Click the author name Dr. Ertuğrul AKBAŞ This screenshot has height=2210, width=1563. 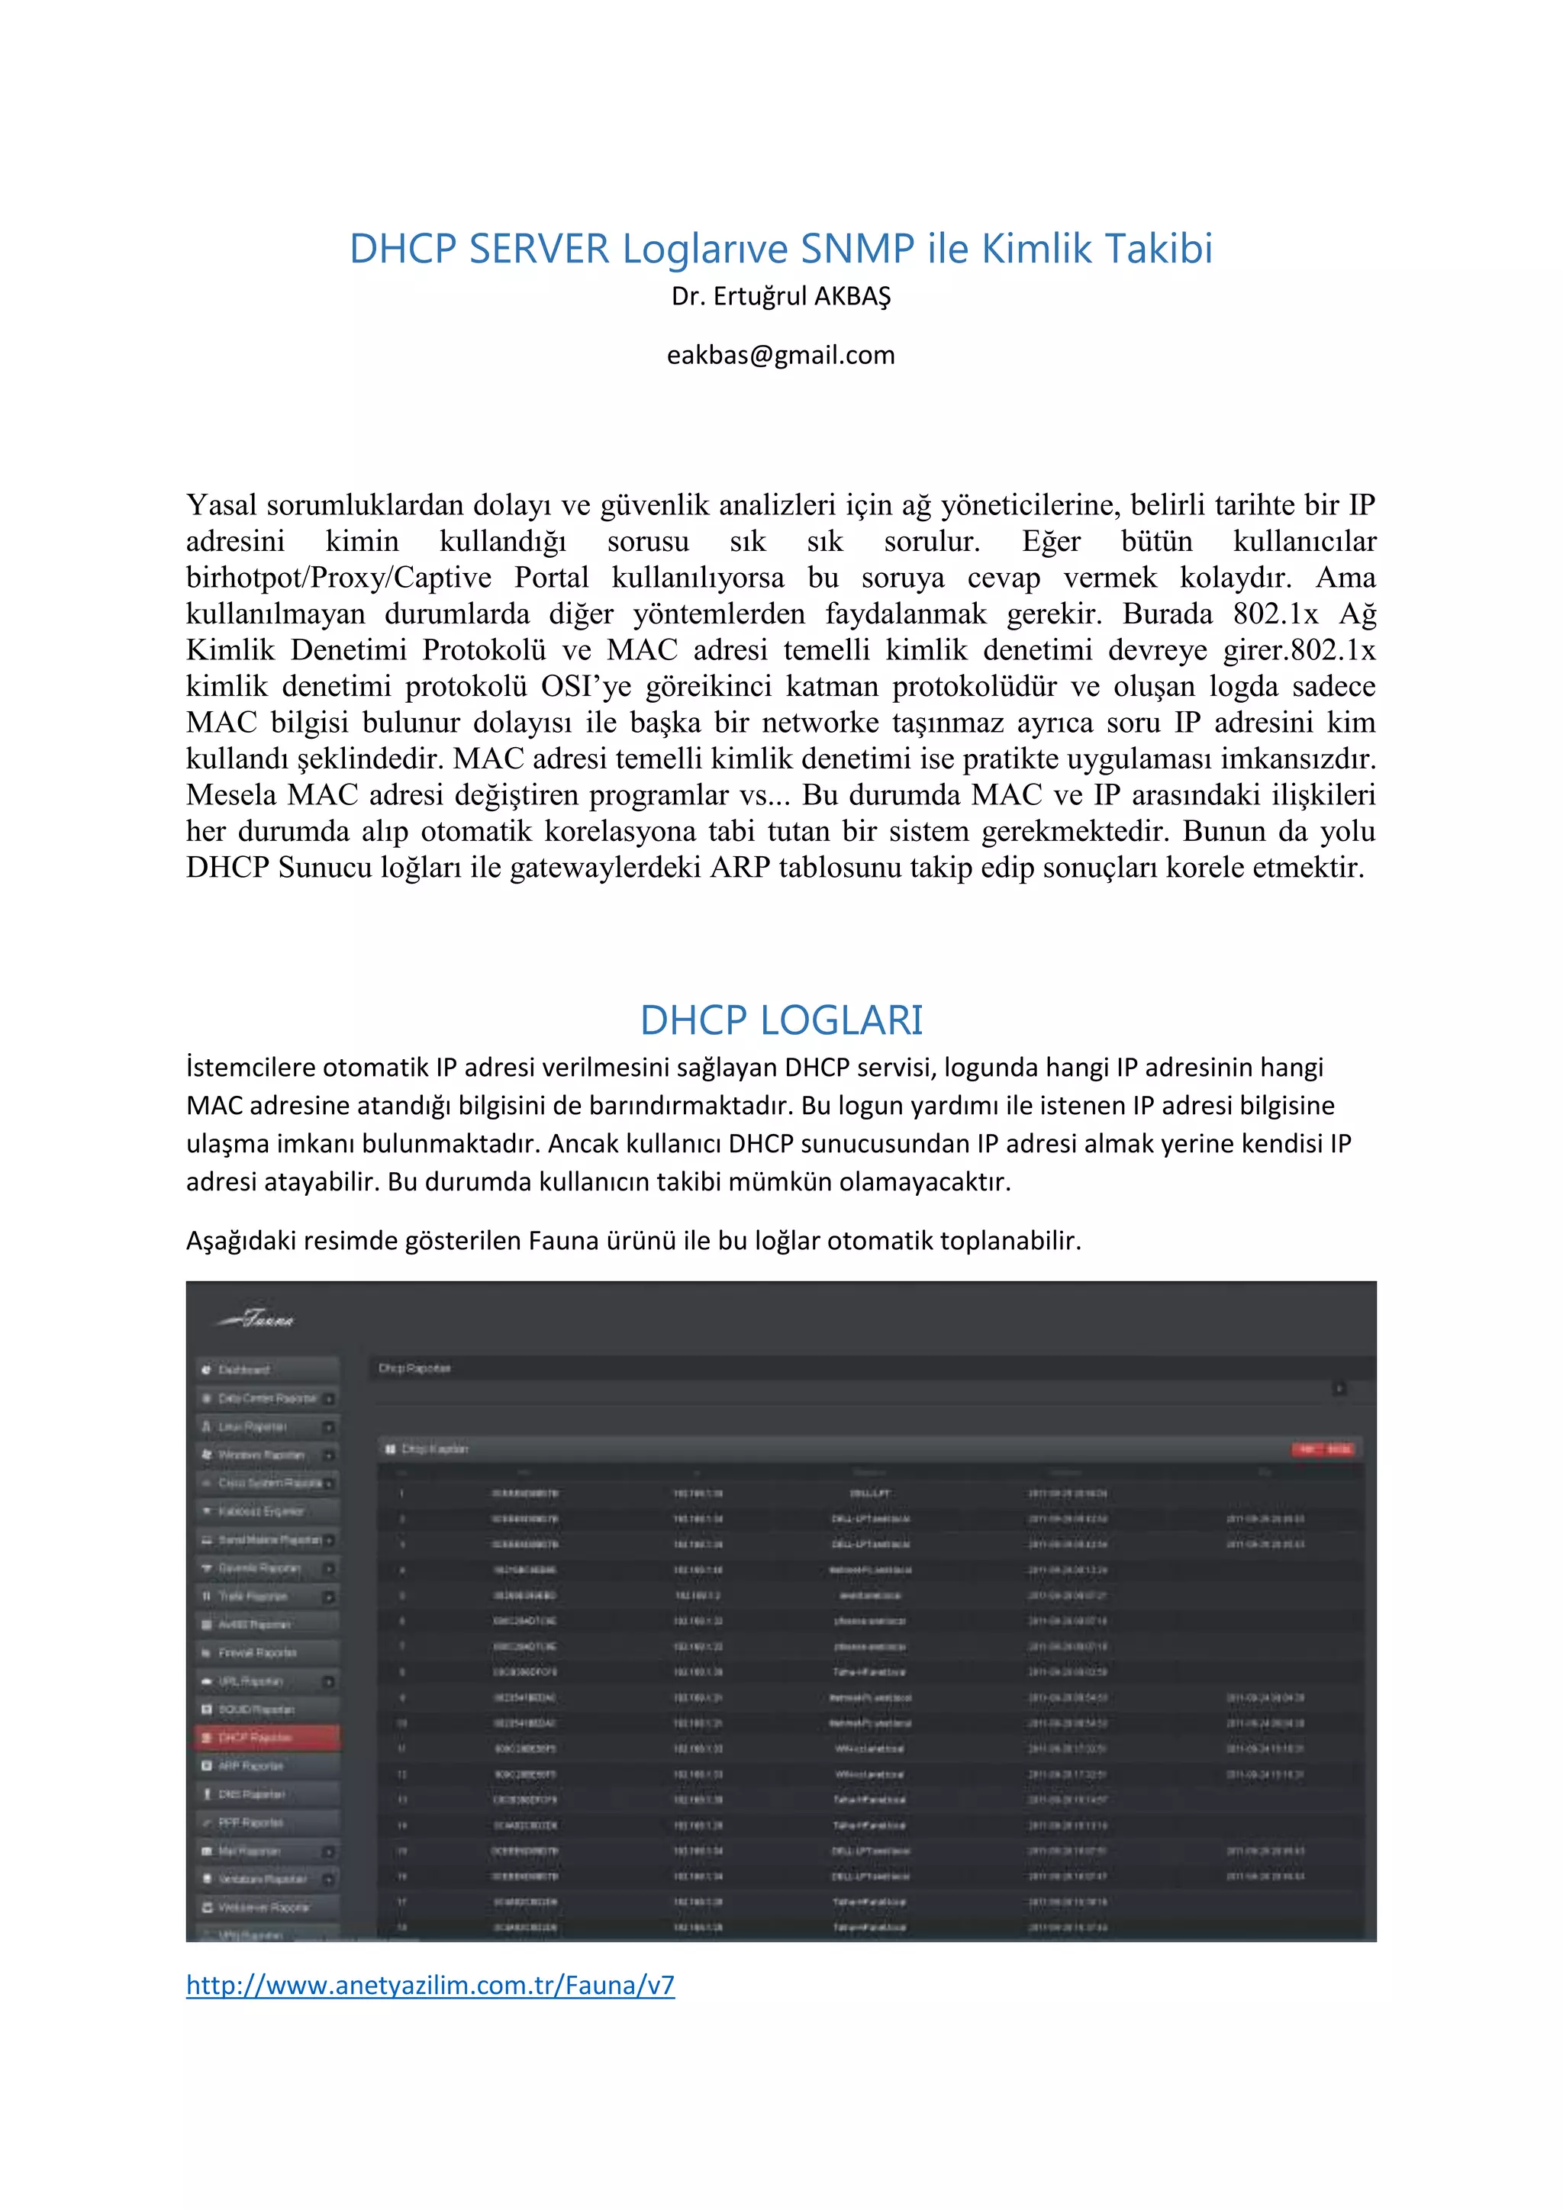pos(781,296)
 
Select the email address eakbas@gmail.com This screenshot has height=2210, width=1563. pos(781,355)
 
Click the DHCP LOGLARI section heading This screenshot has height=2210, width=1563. pos(781,1020)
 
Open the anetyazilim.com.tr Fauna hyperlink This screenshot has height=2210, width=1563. pos(430,1985)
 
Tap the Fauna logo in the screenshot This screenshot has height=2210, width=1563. pos(258,1319)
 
